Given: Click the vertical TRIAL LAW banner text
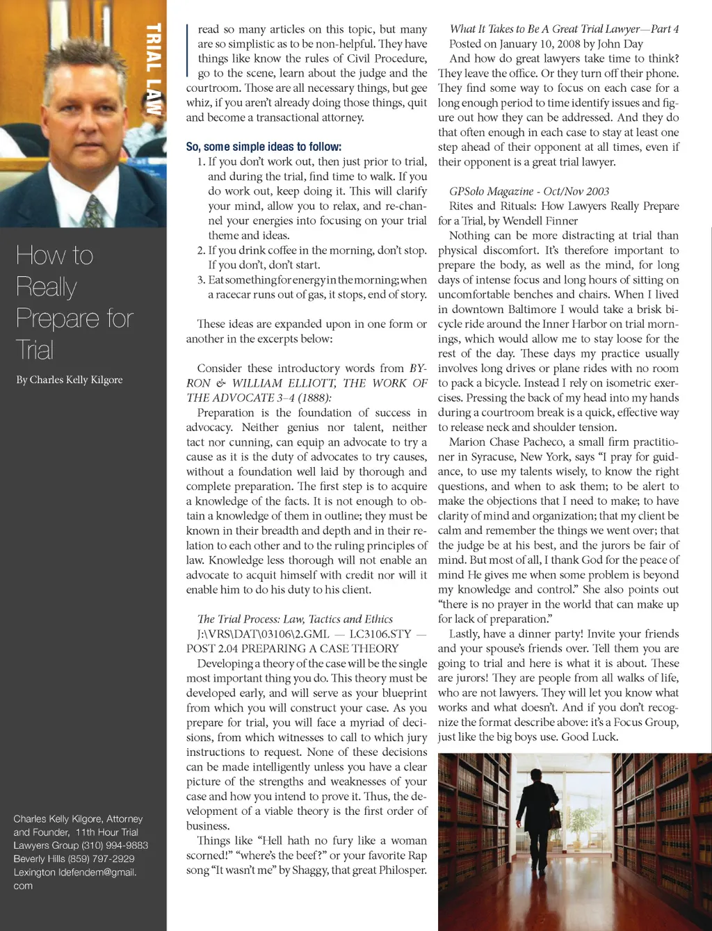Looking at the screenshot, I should tap(154, 70).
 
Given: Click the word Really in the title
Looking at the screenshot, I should tap(46, 287).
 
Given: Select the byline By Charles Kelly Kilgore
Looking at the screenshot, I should tap(70, 380).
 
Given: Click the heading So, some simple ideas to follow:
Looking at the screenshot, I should tap(264, 147).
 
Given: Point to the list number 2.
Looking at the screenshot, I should tap(200, 250).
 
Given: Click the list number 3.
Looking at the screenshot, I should tap(200, 280).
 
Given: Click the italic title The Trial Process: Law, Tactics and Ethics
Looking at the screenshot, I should tap(295, 619).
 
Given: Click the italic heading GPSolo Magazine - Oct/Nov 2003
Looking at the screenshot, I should tap(528, 191).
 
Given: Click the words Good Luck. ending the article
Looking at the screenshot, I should tap(590, 736).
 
